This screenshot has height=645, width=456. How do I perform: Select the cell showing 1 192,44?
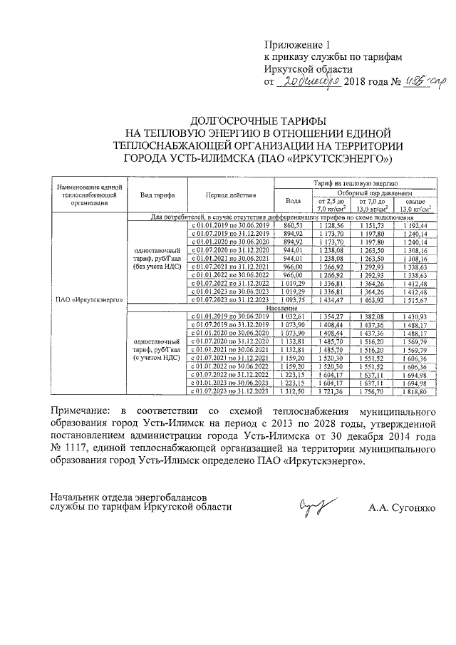pos(413,225)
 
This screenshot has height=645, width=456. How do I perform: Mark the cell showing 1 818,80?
pos(413,391)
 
